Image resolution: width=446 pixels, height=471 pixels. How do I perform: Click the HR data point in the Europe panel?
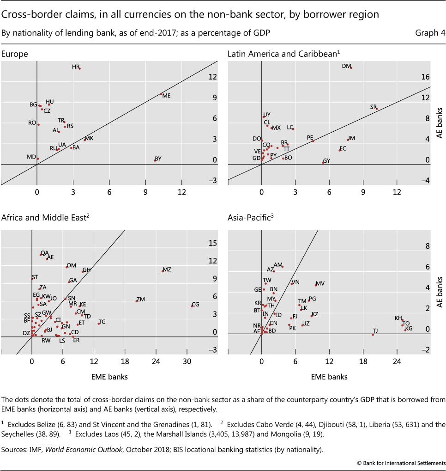(x=80, y=68)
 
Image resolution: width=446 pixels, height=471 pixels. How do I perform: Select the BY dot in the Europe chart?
(x=155, y=160)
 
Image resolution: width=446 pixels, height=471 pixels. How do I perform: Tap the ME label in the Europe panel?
(x=167, y=96)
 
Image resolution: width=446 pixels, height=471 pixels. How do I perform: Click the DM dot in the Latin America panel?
(x=351, y=68)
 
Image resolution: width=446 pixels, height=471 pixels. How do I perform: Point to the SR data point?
(x=377, y=109)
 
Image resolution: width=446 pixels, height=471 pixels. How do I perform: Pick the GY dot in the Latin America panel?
(x=323, y=162)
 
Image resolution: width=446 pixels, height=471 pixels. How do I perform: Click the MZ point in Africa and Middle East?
(x=163, y=271)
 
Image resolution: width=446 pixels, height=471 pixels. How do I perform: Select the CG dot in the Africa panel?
(x=192, y=306)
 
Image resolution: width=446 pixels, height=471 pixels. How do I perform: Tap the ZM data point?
(x=136, y=301)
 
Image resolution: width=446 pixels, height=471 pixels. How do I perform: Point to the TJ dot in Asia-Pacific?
(x=373, y=334)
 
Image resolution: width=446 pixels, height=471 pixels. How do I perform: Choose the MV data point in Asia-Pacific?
(x=316, y=285)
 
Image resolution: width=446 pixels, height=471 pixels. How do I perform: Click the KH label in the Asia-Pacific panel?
(x=398, y=318)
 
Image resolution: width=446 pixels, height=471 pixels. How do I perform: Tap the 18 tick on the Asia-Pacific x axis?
(x=363, y=360)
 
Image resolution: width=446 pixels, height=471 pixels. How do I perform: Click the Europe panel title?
(x=15, y=54)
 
